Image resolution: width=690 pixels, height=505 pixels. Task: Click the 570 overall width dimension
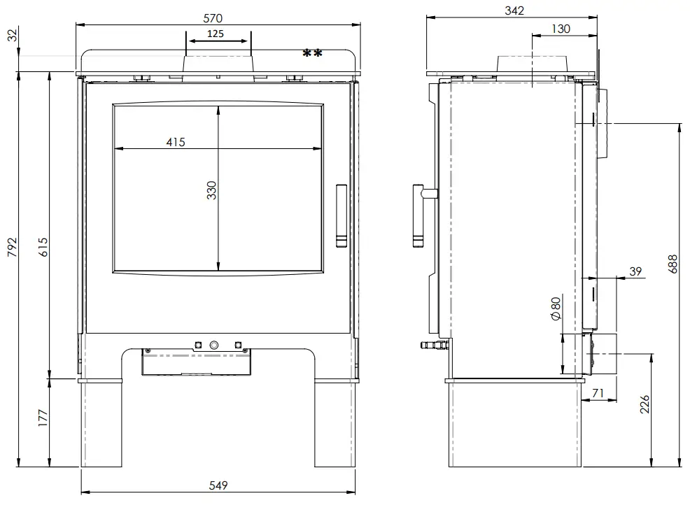point(213,18)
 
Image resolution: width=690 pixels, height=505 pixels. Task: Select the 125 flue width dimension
point(215,34)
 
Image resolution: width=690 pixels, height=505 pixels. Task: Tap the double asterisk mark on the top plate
point(312,54)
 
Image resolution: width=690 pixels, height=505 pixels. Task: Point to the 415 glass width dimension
point(176,142)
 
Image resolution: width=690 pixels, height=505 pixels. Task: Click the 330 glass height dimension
point(211,190)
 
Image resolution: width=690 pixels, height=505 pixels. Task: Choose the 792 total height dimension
point(12,247)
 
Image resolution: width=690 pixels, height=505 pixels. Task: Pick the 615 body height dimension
point(43,247)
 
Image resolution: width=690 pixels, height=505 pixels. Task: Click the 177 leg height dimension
point(43,418)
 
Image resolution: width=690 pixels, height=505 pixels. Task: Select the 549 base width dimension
point(218,485)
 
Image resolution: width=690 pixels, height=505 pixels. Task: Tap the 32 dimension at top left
point(13,35)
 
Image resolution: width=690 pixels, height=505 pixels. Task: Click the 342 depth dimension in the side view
point(514,10)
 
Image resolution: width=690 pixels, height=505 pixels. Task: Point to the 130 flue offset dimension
point(561,29)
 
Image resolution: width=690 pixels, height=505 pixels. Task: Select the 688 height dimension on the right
point(673,264)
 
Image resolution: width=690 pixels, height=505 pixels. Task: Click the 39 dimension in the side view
point(635,271)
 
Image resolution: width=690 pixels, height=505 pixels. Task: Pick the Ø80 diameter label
point(556,308)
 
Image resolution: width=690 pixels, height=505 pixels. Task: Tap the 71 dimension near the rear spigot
point(598,393)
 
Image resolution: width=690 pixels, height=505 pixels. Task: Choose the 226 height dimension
point(645,404)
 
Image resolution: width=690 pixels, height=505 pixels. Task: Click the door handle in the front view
point(341,216)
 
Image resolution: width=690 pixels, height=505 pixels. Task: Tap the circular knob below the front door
point(214,346)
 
